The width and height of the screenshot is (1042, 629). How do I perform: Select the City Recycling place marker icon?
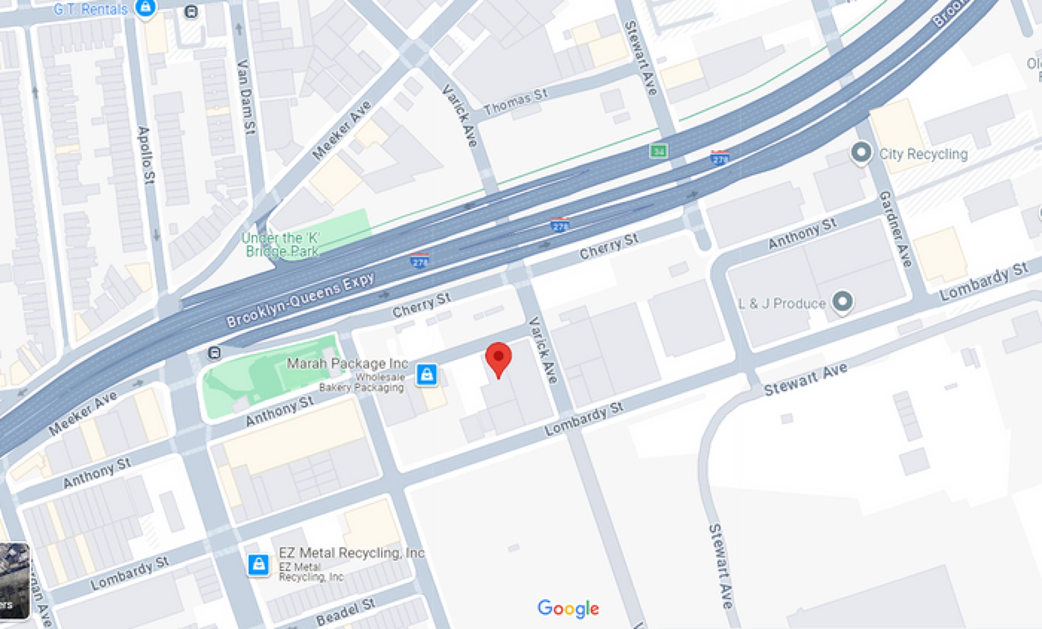click(x=861, y=153)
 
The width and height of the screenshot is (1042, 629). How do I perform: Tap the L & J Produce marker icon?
click(x=842, y=301)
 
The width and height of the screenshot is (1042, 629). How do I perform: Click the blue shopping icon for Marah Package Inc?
click(x=426, y=374)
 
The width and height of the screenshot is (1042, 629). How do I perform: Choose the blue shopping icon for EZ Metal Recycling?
click(x=258, y=565)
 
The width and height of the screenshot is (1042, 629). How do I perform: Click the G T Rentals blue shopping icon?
click(x=145, y=8)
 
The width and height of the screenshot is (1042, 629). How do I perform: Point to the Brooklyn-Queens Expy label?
click(x=300, y=300)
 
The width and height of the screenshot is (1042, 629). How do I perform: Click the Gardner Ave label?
click(x=896, y=229)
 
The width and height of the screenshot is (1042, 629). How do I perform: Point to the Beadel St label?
click(x=346, y=612)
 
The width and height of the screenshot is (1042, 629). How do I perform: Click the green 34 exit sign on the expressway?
click(x=659, y=151)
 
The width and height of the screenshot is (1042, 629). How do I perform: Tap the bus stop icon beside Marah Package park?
click(x=214, y=352)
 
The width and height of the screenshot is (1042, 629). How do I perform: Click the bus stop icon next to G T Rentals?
click(x=191, y=12)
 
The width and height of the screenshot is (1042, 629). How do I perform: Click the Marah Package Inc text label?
click(x=347, y=363)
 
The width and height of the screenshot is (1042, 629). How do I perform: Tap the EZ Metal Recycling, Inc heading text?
click(x=351, y=553)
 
